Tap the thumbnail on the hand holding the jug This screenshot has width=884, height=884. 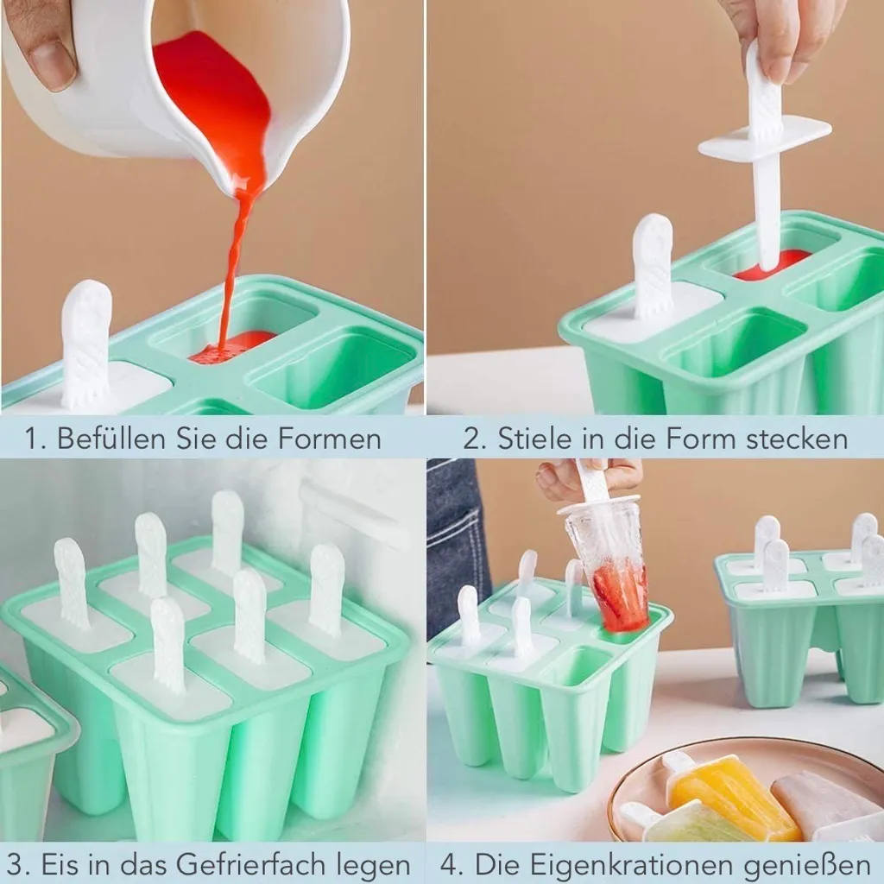pos(53,65)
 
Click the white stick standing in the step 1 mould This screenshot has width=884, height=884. pos(86,344)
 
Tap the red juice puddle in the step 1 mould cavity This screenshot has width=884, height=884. pos(231,345)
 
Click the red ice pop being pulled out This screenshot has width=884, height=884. pos(620,597)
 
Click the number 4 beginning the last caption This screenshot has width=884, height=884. pos(449,864)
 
